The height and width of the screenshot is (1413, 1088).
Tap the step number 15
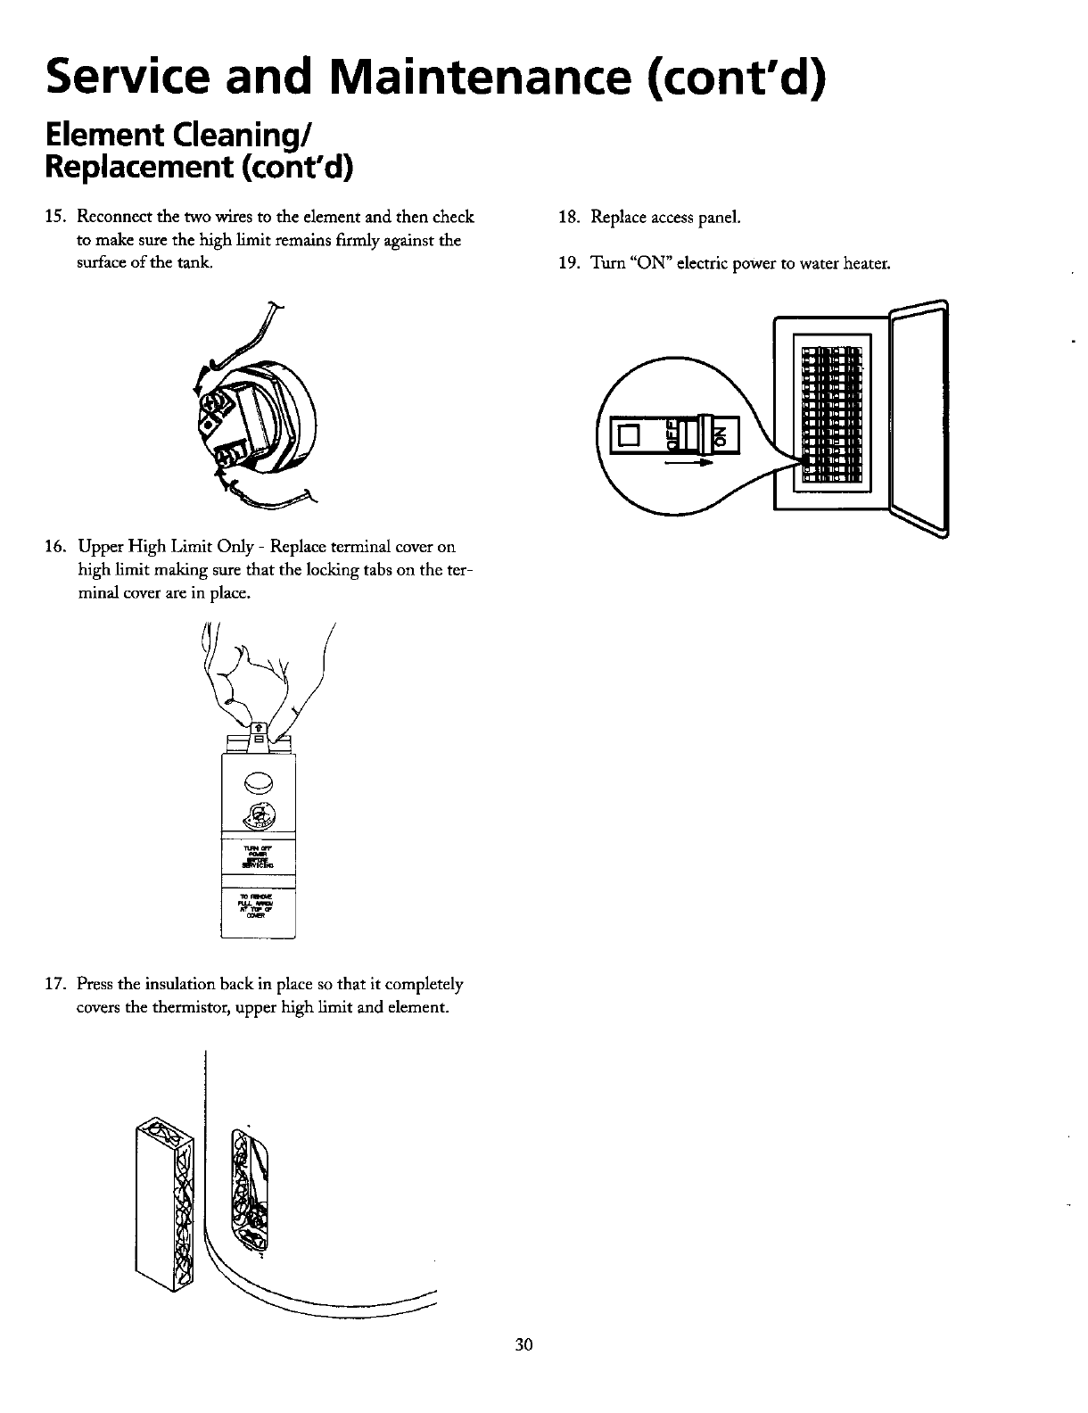[x=55, y=217]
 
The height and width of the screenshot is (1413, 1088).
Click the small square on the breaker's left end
[x=629, y=435]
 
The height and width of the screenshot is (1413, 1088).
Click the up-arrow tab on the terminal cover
[x=258, y=725]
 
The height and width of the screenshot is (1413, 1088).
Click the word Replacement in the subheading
[x=131, y=166]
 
